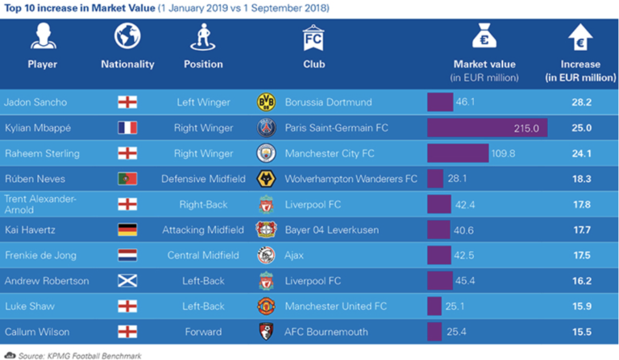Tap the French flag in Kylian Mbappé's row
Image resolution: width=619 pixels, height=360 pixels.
[127, 127]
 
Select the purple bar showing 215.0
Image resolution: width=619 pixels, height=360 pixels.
[487, 127]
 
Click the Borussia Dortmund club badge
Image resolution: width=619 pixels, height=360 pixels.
[266, 102]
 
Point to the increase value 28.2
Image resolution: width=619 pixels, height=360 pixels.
[581, 102]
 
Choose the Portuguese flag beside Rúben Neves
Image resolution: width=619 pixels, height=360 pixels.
[127, 179]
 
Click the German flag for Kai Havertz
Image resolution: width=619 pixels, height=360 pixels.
[127, 230]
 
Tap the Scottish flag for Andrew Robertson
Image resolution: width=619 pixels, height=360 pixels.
[127, 281]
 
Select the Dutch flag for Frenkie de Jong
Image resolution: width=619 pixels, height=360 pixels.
[127, 255]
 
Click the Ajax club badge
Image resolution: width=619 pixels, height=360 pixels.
[266, 255]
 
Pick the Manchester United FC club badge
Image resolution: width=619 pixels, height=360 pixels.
[266, 306]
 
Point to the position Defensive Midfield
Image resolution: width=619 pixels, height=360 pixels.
[202, 179]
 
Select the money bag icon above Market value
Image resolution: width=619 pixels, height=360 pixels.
[484, 36]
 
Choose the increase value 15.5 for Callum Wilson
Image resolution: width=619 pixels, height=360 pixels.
[581, 332]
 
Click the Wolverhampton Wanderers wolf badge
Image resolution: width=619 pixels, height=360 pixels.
[266, 179]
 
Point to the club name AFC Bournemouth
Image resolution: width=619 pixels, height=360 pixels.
[326, 332]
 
